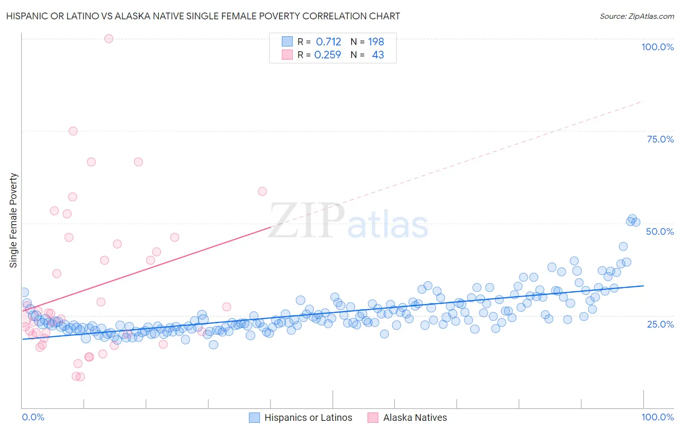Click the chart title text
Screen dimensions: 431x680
(x=203, y=16)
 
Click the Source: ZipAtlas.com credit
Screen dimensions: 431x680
(x=636, y=16)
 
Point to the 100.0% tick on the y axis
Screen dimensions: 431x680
(x=657, y=47)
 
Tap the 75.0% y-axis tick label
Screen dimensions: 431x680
(x=660, y=139)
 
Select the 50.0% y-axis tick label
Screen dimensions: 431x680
(x=660, y=231)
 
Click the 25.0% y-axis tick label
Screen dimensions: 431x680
(x=660, y=324)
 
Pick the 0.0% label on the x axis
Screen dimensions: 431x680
(x=33, y=417)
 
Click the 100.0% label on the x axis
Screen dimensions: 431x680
(x=657, y=417)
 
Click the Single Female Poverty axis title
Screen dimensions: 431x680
(x=14, y=220)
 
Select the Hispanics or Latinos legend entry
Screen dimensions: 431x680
(x=308, y=417)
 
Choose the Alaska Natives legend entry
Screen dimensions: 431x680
(x=415, y=417)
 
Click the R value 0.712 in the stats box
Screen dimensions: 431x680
(x=328, y=42)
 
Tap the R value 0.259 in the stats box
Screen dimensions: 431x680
(x=327, y=55)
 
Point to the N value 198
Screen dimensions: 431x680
(x=376, y=42)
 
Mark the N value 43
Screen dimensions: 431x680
(x=378, y=55)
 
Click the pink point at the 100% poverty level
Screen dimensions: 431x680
(x=109, y=39)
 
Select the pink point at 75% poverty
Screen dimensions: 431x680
(x=73, y=131)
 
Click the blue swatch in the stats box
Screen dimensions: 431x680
(x=287, y=42)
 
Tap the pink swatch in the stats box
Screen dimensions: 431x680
(x=287, y=55)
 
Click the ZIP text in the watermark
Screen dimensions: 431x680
(x=307, y=221)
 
